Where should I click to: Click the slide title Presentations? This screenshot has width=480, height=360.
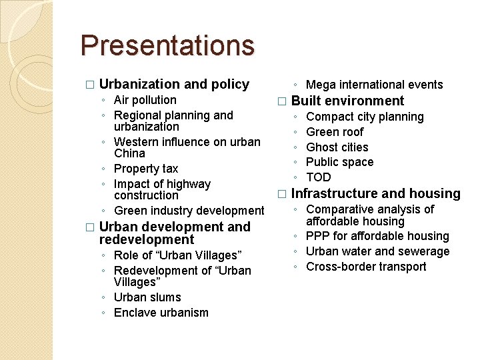point(167,45)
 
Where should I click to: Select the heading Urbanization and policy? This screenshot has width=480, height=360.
point(174,84)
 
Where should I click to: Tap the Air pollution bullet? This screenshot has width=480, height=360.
point(145,100)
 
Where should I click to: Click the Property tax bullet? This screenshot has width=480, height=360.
point(146,169)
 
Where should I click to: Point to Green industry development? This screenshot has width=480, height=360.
point(189,211)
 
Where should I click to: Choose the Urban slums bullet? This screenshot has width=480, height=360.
point(147,297)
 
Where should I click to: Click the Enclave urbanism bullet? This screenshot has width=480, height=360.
point(161,313)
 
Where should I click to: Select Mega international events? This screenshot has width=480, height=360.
point(374,85)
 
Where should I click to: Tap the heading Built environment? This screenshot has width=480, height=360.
point(347,101)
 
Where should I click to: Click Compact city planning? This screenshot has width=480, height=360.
point(365,117)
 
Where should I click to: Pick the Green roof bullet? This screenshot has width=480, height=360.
point(335,132)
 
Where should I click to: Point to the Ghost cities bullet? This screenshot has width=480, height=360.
point(337,147)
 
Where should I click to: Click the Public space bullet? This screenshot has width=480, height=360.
point(339,162)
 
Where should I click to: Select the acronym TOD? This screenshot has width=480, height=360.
point(318,177)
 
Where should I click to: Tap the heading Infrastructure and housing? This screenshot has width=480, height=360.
point(375,193)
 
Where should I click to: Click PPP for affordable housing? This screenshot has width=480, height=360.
point(377,236)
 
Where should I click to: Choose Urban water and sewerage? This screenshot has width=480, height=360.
point(377,251)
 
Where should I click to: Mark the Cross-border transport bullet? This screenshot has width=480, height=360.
point(366,267)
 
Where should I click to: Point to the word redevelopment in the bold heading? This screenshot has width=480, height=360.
point(146,239)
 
